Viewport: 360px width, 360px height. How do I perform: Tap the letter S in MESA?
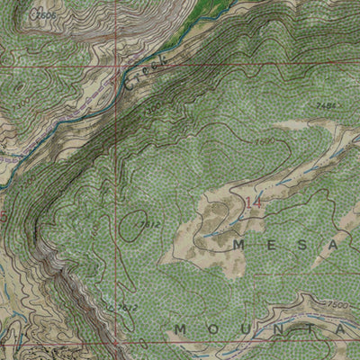pos(302,244)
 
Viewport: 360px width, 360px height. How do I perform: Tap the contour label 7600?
pos(264,141)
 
